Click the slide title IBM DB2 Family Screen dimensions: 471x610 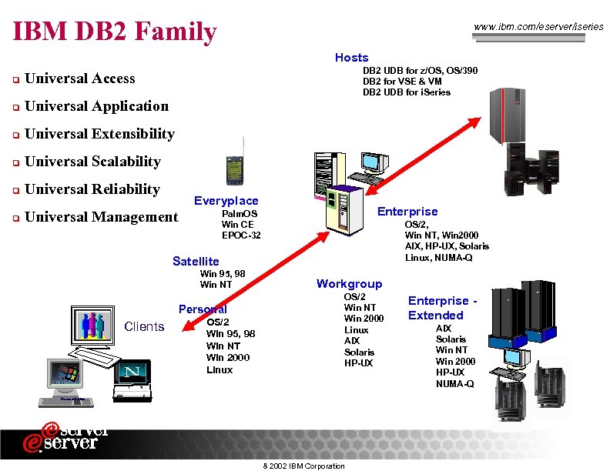pos(116,32)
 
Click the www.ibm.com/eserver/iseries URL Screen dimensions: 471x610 pos(539,27)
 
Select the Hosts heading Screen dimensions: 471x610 pos(351,58)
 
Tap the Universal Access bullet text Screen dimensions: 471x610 pos(79,78)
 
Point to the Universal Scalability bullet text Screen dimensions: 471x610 pos(92,162)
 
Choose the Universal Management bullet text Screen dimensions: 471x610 pos(101,217)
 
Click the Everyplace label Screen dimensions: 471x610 pos(226,201)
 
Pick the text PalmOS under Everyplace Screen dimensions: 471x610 pos(240,213)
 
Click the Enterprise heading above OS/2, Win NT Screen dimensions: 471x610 pos(407,212)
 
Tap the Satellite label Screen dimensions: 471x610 pos(196,262)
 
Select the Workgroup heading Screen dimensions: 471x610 pos(349,284)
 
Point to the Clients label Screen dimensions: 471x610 pos(144,326)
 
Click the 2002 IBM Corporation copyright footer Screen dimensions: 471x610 pos(303,466)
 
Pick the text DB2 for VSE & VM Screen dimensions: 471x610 pos(402,82)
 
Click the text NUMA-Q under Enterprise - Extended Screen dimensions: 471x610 pos(454,384)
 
